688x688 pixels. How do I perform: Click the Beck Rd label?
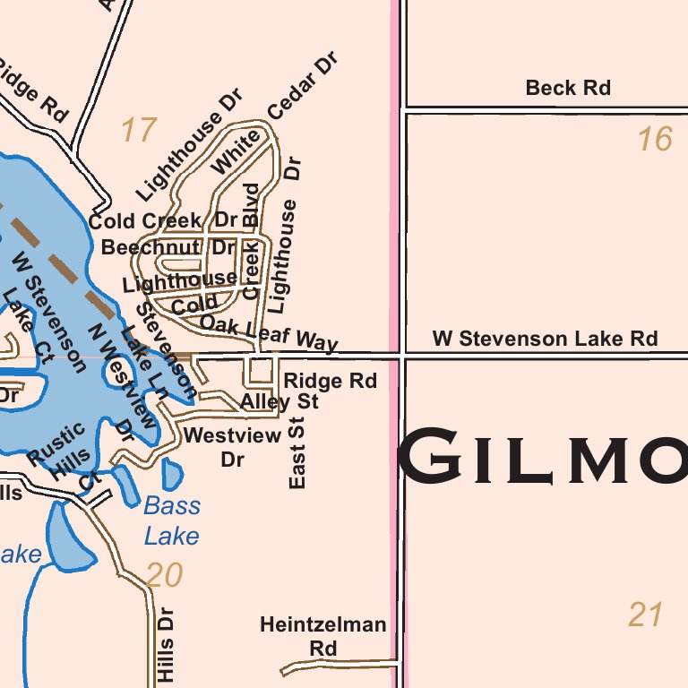(x=568, y=88)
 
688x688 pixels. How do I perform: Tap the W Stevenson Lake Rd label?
(x=545, y=339)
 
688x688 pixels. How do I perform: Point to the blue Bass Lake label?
(x=172, y=520)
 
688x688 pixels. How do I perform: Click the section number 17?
(x=139, y=131)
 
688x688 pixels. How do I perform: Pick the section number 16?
(x=654, y=140)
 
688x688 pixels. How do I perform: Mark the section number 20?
(x=164, y=575)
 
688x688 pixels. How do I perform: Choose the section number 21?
(x=645, y=615)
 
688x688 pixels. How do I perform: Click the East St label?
(x=298, y=452)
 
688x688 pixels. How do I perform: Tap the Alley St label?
(x=279, y=402)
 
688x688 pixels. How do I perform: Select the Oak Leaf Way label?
(x=269, y=331)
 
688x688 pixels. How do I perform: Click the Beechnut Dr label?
(x=168, y=247)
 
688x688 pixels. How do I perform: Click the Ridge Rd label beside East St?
(x=330, y=381)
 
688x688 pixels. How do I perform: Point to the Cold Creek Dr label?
(x=162, y=220)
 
